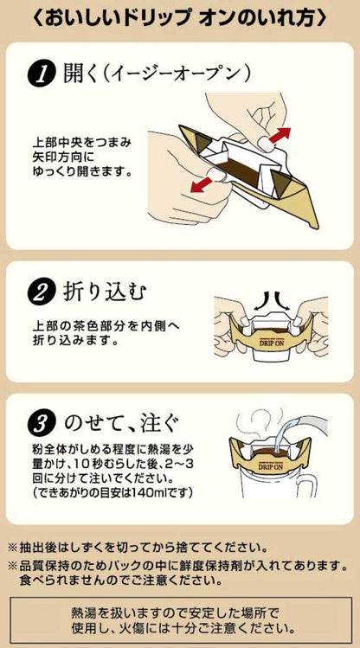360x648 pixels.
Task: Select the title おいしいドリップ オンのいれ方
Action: [x=180, y=16]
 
